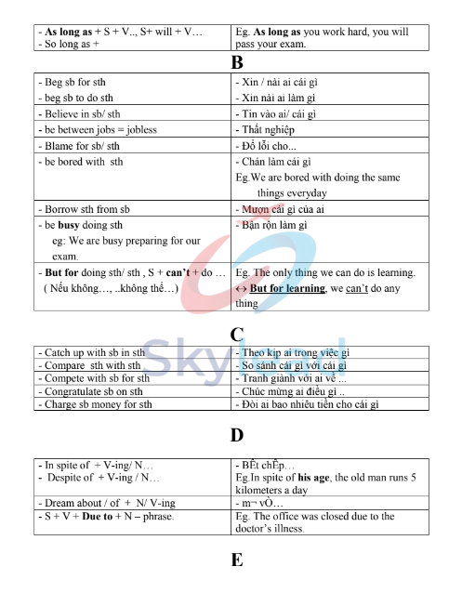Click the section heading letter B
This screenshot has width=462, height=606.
click(x=236, y=63)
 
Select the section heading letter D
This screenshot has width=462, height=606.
click(x=236, y=434)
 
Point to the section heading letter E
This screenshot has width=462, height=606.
click(x=236, y=560)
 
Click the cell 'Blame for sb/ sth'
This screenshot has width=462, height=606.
click(x=81, y=146)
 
